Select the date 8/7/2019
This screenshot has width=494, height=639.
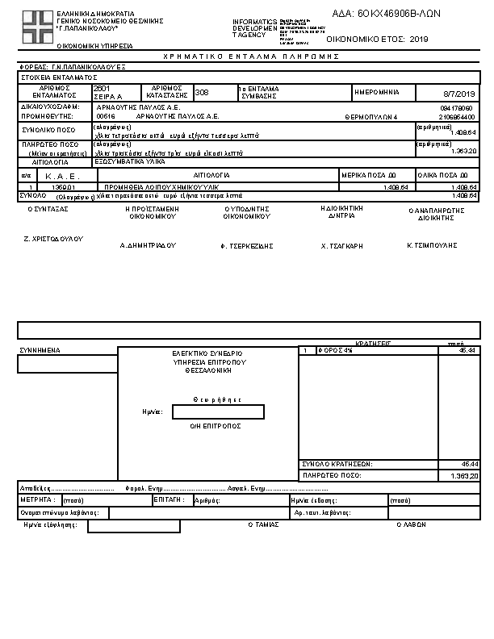(x=461, y=94)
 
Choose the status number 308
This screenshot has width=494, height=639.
(x=202, y=92)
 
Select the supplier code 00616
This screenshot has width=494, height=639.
(x=106, y=116)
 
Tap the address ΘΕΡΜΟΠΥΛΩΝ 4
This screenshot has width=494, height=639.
(x=371, y=116)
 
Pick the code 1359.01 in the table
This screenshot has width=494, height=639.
(x=62, y=186)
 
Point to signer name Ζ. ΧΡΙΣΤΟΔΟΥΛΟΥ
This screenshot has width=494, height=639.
(x=53, y=240)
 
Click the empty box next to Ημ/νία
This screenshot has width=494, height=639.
(x=218, y=412)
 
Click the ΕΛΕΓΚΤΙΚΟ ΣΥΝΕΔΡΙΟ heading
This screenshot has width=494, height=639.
(x=207, y=353)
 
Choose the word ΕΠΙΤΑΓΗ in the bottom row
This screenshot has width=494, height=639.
(x=165, y=500)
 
